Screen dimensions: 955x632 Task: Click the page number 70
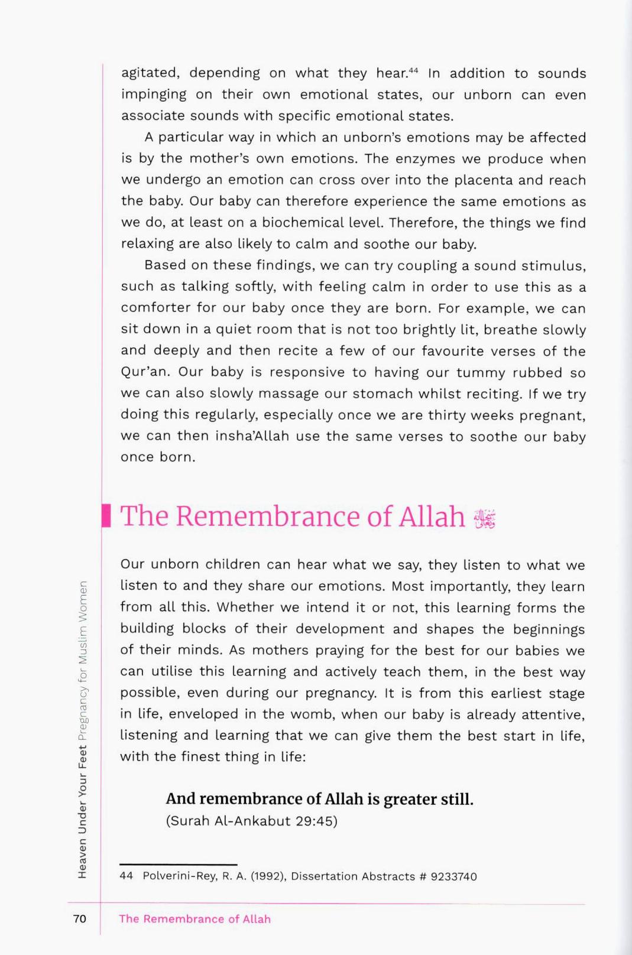pyautogui.click(x=79, y=918)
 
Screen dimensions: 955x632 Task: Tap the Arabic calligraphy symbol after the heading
pyautogui.click(x=484, y=518)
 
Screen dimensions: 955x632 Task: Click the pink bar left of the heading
pyautogui.click(x=106, y=515)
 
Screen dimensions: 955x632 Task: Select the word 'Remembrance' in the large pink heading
pyautogui.click(x=268, y=517)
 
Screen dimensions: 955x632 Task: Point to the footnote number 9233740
pyautogui.click(x=453, y=876)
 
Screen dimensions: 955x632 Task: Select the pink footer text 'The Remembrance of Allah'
pyautogui.click(x=195, y=919)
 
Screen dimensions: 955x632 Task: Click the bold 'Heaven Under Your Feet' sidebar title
pyautogui.click(x=82, y=811)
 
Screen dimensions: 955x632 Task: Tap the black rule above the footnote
pyautogui.click(x=178, y=865)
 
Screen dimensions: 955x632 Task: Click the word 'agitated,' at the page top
pyautogui.click(x=150, y=73)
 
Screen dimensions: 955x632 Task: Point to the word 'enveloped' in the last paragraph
pyautogui.click(x=204, y=714)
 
